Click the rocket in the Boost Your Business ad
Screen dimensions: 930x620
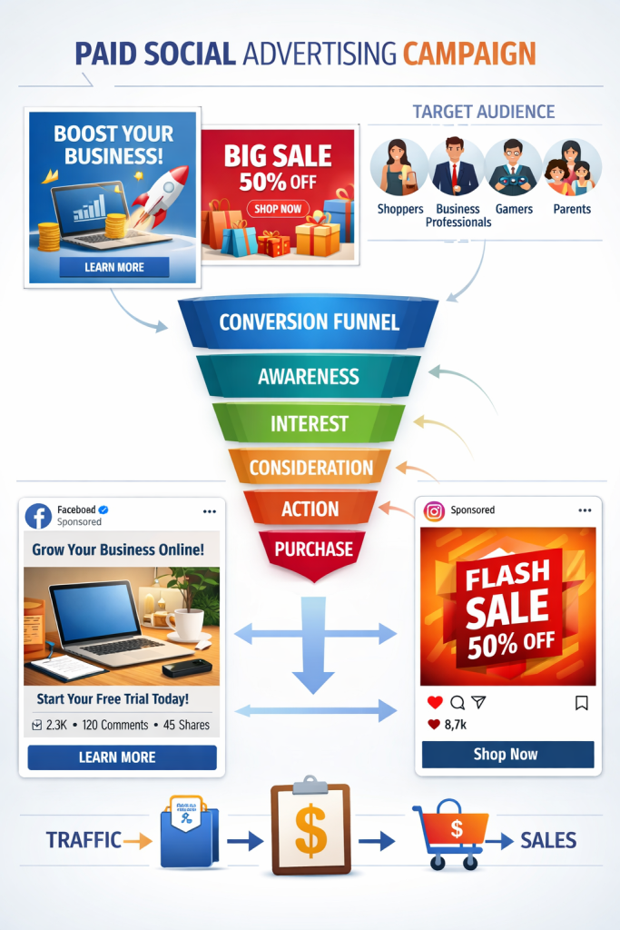tap(162, 193)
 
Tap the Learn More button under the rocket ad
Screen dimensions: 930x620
tap(114, 267)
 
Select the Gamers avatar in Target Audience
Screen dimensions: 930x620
tap(513, 169)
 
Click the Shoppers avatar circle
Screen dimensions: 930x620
tap(399, 169)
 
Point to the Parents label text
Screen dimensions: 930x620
tap(572, 209)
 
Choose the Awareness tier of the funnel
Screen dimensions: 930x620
tap(309, 376)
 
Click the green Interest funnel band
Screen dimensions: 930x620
tap(309, 423)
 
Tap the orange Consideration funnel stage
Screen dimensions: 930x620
tap(310, 468)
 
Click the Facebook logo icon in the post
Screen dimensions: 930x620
tap(38, 515)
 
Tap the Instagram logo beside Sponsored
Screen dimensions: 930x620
tap(435, 511)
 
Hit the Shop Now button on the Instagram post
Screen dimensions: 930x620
tap(507, 754)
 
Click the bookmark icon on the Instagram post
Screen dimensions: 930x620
tap(582, 702)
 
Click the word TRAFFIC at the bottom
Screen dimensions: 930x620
tap(71, 840)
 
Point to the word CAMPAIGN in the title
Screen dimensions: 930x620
tap(469, 54)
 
